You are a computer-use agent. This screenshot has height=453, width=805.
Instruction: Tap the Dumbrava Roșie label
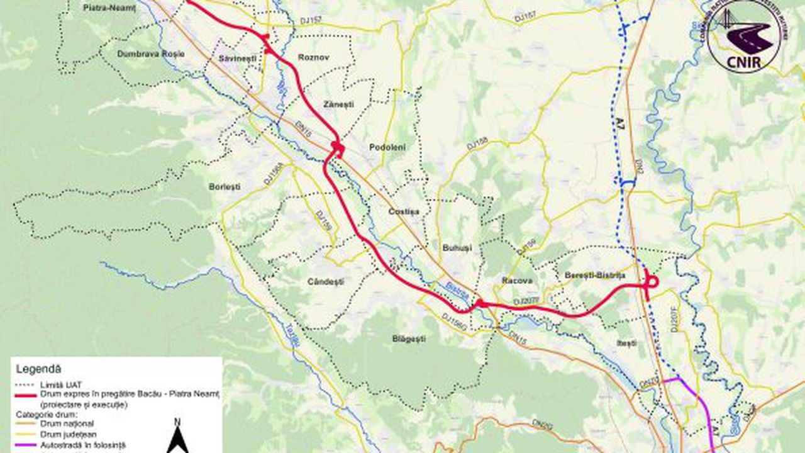pyautogui.click(x=151, y=54)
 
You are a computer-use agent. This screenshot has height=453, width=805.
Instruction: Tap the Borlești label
pyautogui.click(x=225, y=187)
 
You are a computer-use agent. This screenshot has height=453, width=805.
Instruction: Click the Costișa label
pyautogui.click(x=403, y=211)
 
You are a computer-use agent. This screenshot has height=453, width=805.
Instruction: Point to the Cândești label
pyautogui.click(x=326, y=282)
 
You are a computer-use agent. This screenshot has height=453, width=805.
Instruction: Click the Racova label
pyautogui.click(x=518, y=281)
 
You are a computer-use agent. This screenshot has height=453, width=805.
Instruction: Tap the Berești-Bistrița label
pyautogui.click(x=594, y=276)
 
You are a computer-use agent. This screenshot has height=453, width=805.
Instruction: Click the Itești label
pyautogui.click(x=626, y=343)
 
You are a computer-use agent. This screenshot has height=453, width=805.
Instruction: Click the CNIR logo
pyautogui.click(x=744, y=36)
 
